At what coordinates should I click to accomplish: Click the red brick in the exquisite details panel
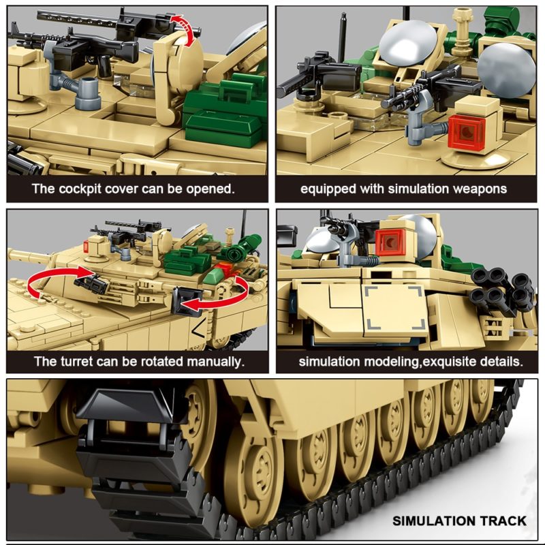pos(391,242)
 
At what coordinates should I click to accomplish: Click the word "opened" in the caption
pos(208,188)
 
